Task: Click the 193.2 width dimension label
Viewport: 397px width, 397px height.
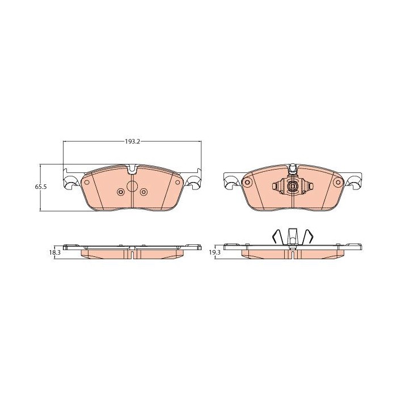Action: click(132, 142)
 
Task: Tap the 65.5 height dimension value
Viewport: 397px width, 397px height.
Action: click(40, 187)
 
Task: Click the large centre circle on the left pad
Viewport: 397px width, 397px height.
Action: click(132, 187)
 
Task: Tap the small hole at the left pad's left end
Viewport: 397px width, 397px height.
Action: click(87, 182)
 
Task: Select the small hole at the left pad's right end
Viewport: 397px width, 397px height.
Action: click(178, 182)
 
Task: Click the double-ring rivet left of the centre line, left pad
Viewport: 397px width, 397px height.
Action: click(120, 192)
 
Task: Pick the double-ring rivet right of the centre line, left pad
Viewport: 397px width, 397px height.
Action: click(143, 192)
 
